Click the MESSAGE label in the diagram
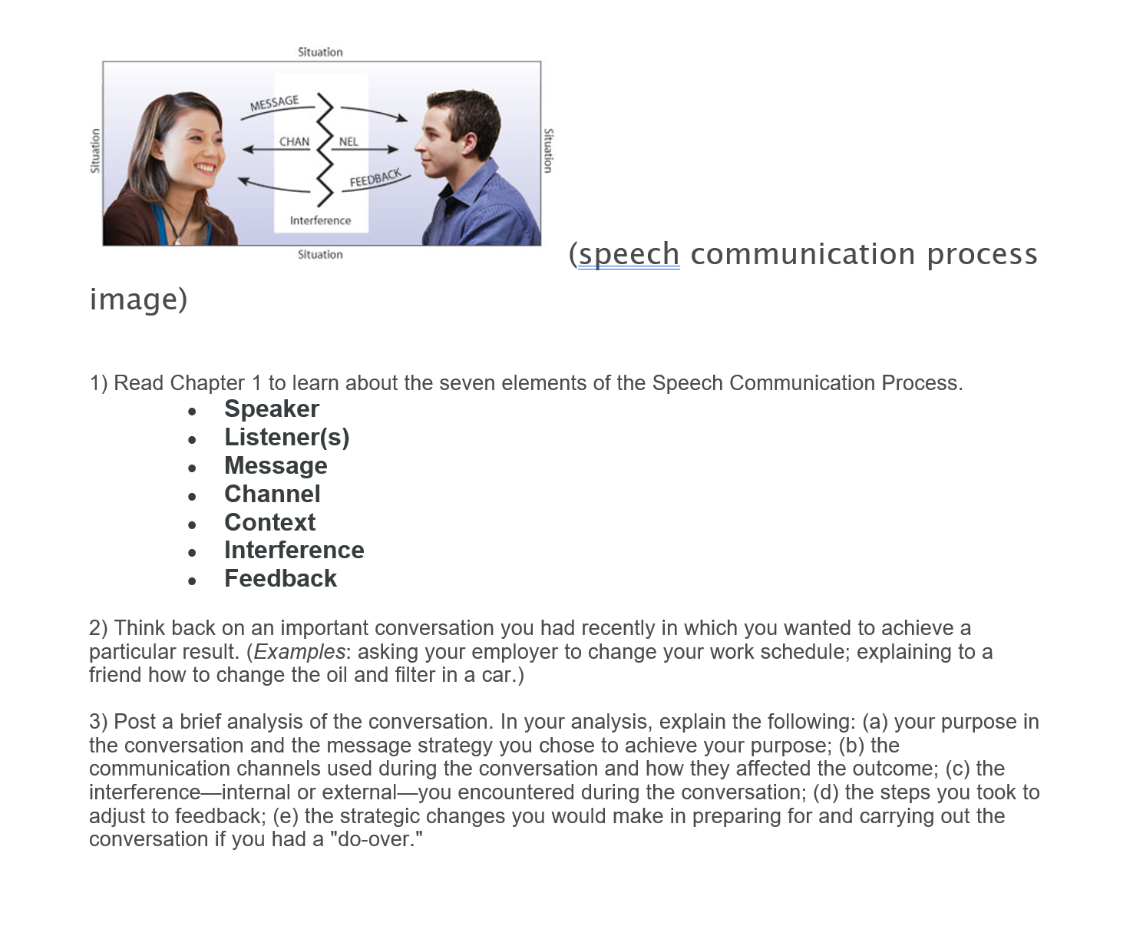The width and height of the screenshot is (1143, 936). [274, 103]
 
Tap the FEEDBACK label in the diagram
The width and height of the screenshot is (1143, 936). [375, 178]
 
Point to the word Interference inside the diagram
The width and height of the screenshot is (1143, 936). [320, 220]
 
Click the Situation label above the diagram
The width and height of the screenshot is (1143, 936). [320, 52]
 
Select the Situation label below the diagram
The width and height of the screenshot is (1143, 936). [320, 254]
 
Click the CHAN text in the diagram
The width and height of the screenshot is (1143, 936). [294, 141]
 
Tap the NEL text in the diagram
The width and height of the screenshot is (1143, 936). [349, 141]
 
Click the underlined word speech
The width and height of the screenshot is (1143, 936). [629, 255]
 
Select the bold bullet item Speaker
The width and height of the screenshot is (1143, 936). [272, 408]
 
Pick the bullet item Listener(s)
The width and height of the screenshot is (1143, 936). [286, 438]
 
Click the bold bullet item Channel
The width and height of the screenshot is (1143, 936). [272, 494]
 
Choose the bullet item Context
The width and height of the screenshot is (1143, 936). [270, 522]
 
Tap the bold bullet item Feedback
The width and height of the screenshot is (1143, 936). [280, 578]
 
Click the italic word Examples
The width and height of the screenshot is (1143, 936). [299, 651]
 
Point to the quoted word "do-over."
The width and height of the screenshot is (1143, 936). [375, 839]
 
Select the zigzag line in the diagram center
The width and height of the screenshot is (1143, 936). [325, 150]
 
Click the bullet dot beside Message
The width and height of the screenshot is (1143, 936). [192, 468]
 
